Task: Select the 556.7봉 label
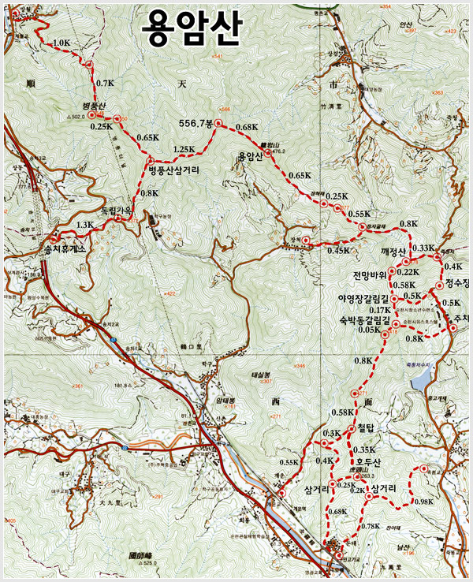196,124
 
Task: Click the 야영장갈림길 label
365,300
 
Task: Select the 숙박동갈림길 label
364,320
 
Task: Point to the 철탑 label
368,427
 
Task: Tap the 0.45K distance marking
338,251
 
